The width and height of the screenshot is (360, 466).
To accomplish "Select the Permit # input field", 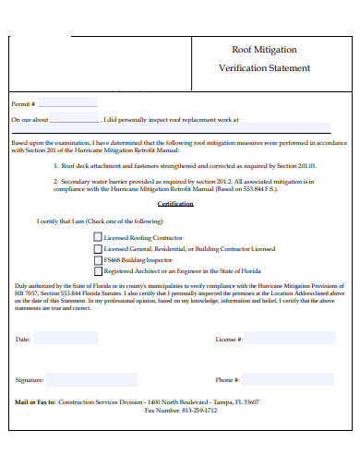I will click(x=66, y=102).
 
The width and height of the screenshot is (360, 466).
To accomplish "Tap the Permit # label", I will click(x=23, y=103).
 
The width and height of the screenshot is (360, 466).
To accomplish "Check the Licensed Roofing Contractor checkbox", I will click(x=98, y=236).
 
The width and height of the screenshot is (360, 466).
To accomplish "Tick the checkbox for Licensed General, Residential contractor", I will click(x=98, y=248).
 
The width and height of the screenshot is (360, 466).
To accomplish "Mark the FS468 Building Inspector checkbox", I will click(x=98, y=260).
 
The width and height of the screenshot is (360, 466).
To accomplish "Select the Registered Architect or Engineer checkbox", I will click(x=98, y=271).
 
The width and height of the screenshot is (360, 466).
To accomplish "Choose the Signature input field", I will click(x=91, y=379).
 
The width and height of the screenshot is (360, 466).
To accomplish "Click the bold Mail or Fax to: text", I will click(x=35, y=402).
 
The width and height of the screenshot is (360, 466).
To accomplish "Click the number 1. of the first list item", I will click(x=55, y=165).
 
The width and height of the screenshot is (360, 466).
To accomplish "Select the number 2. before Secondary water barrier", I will click(x=55, y=181).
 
